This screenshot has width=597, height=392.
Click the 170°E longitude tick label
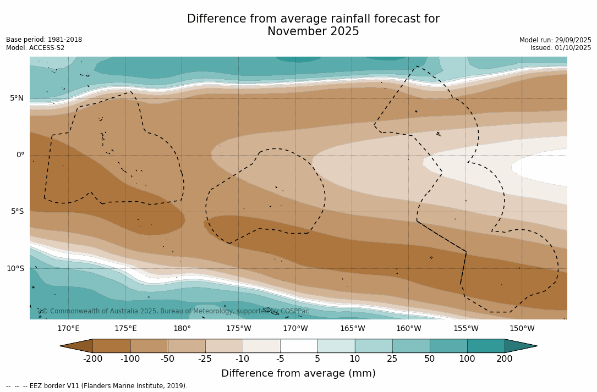68,329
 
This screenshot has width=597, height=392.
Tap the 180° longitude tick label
182,329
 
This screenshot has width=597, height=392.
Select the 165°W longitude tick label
352,329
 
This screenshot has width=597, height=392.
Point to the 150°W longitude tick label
522,329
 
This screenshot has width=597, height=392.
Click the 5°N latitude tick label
17,98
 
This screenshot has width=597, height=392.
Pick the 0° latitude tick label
20,155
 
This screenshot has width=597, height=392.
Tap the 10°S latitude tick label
15,269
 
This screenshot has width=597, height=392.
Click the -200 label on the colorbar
92,359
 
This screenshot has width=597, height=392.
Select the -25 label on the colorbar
205,359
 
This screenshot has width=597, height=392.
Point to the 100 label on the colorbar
467,359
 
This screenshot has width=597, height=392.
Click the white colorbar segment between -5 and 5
299,346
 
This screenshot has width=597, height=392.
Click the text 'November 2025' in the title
313,32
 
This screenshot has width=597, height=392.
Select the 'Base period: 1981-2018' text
44,40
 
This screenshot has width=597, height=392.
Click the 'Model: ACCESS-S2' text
35,48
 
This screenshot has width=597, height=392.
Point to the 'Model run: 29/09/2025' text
555,40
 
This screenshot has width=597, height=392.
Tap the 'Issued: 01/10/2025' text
561,48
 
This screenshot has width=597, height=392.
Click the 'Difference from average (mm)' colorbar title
298,374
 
